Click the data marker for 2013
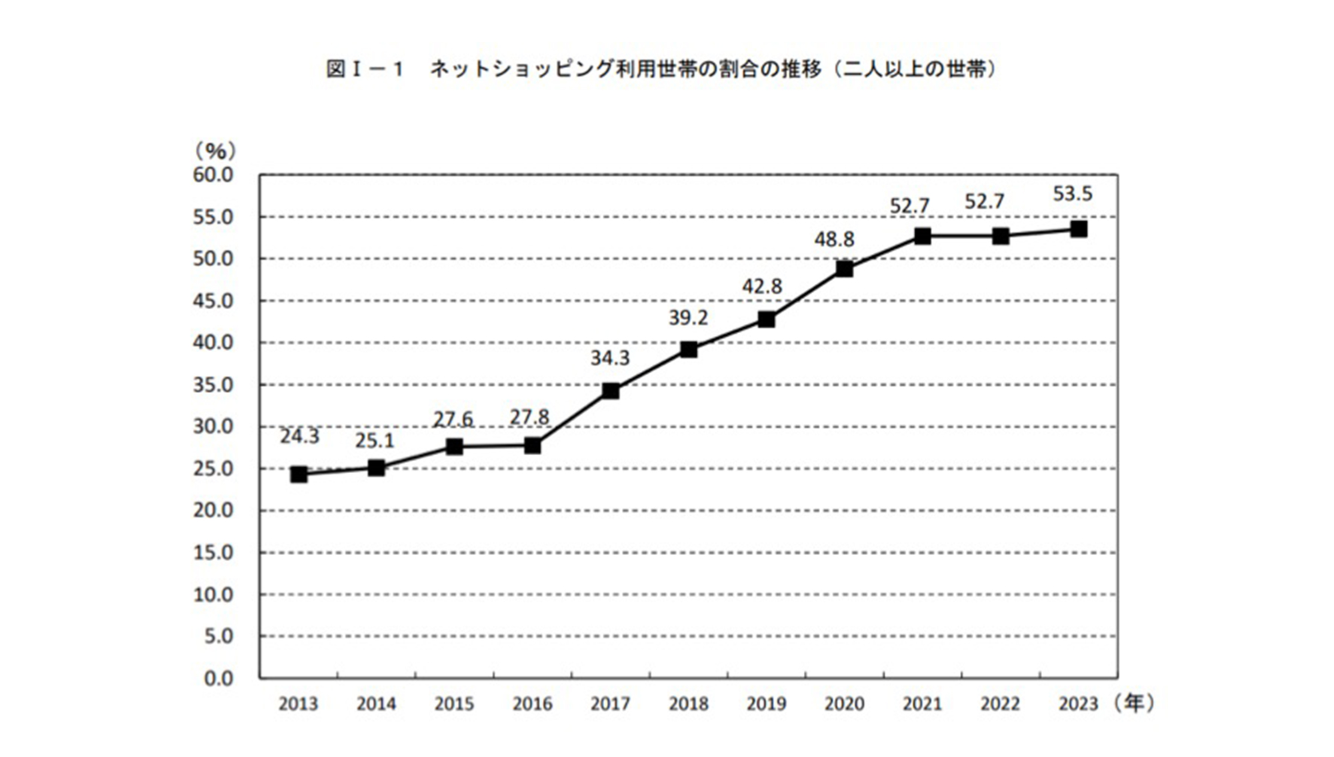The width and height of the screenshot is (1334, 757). click(x=299, y=474)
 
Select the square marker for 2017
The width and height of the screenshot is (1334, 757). click(x=610, y=390)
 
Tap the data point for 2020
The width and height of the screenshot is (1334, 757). click(x=844, y=269)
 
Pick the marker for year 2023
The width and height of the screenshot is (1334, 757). click(x=1078, y=229)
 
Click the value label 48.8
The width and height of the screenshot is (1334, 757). click(x=833, y=239)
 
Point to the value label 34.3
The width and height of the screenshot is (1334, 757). click(x=609, y=359)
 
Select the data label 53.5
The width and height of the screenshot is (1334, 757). click(x=1072, y=194)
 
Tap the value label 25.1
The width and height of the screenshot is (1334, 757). click(x=374, y=440)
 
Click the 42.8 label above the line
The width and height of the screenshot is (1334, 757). click(x=761, y=287)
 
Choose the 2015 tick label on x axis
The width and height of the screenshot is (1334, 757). click(x=454, y=704)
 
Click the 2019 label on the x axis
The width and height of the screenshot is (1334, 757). click(x=766, y=704)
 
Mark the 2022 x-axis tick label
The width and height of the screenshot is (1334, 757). click(x=1000, y=704)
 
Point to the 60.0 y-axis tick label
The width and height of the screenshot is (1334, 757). click(x=213, y=175)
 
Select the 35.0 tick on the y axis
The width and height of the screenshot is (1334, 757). click(x=213, y=385)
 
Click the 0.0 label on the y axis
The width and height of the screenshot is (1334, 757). click(x=218, y=679)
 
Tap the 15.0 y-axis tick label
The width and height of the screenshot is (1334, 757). click(x=213, y=553)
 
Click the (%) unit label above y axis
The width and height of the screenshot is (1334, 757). click(x=215, y=151)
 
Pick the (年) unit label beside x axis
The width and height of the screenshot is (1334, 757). click(x=1133, y=703)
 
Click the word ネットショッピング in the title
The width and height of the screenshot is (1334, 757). click(x=521, y=69)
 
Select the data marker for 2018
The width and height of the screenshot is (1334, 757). click(x=689, y=349)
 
